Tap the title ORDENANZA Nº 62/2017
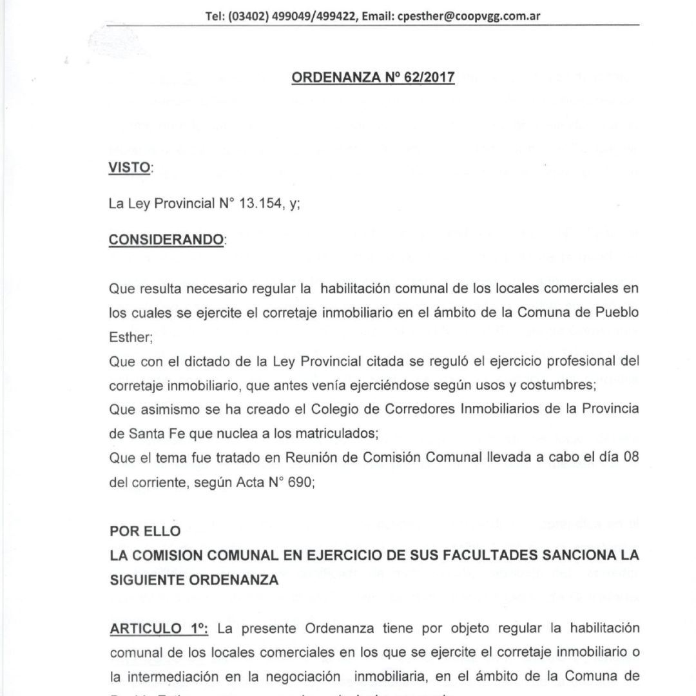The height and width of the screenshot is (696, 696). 374,77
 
